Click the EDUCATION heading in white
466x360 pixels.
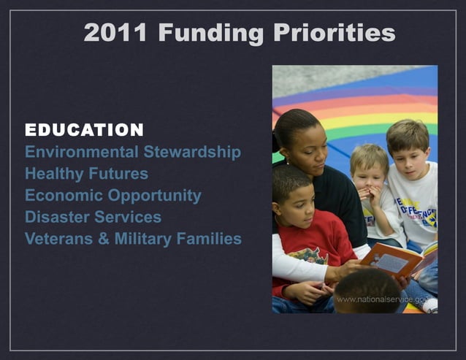[x=84, y=131]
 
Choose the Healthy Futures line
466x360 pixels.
[x=86, y=174]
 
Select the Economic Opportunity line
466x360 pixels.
[x=112, y=196]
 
